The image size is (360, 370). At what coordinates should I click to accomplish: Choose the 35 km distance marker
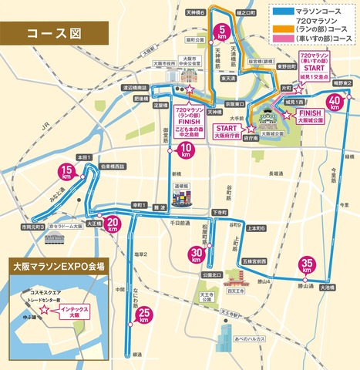[308, 264]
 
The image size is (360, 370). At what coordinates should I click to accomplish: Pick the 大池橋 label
[325, 288]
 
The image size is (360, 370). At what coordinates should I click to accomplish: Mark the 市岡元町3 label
[32, 227]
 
